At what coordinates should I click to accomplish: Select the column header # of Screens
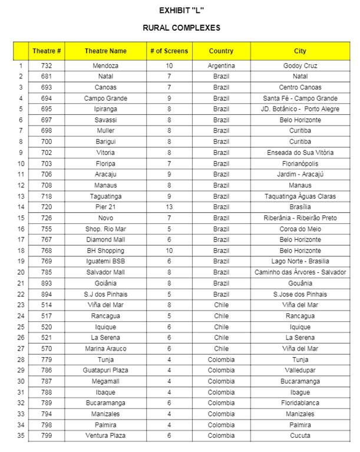click(x=169, y=51)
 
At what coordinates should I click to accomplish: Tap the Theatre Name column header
click(x=105, y=51)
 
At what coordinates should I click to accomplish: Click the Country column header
click(x=221, y=51)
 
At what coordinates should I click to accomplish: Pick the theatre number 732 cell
click(x=47, y=66)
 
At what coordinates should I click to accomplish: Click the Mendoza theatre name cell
click(x=105, y=66)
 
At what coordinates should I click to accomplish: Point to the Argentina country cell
click(x=221, y=66)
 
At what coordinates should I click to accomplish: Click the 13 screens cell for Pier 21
click(x=169, y=207)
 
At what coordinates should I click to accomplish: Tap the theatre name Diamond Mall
click(x=105, y=240)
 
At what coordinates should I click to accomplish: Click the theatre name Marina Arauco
click(x=105, y=349)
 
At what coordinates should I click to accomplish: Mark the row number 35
click(x=21, y=436)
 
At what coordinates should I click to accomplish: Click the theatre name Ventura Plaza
click(x=105, y=436)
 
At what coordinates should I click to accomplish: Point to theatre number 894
click(x=47, y=295)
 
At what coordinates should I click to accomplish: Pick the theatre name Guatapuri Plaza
click(x=105, y=371)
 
